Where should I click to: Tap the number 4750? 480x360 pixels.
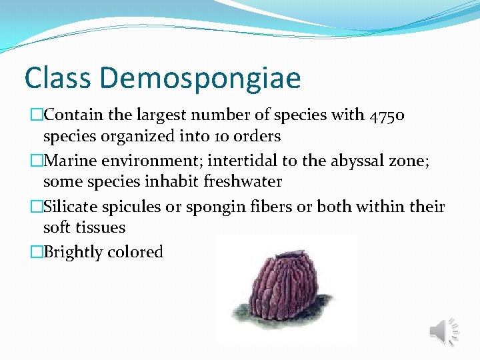pyautogui.click(x=387, y=115)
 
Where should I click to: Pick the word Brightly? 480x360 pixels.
pyautogui.click(x=70, y=253)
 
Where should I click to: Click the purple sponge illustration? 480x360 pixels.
pyautogui.click(x=283, y=287)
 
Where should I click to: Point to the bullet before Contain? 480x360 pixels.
pyautogui.click(x=37, y=115)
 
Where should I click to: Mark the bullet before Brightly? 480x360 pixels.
pyautogui.click(x=37, y=253)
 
